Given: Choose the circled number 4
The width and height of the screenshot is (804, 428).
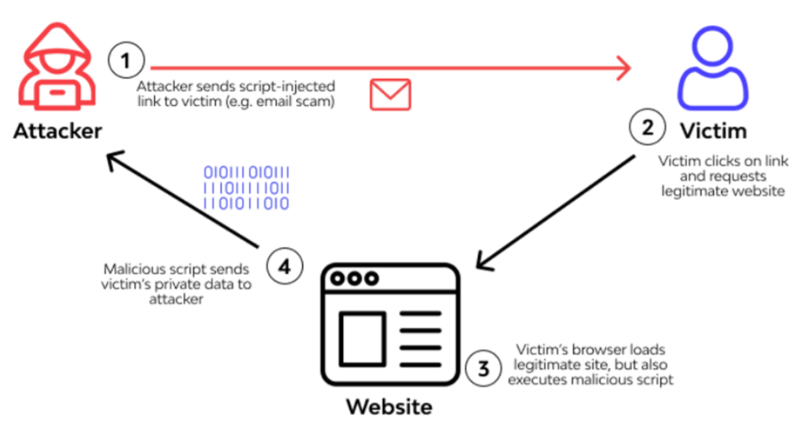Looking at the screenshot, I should (284, 268).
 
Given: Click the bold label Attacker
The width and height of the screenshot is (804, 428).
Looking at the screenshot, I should (57, 130).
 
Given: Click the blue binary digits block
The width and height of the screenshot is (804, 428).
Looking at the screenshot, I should (247, 188).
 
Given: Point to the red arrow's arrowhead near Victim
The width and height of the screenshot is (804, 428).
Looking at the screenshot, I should (624, 68).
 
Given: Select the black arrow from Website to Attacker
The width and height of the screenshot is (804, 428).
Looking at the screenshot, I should (184, 197).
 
